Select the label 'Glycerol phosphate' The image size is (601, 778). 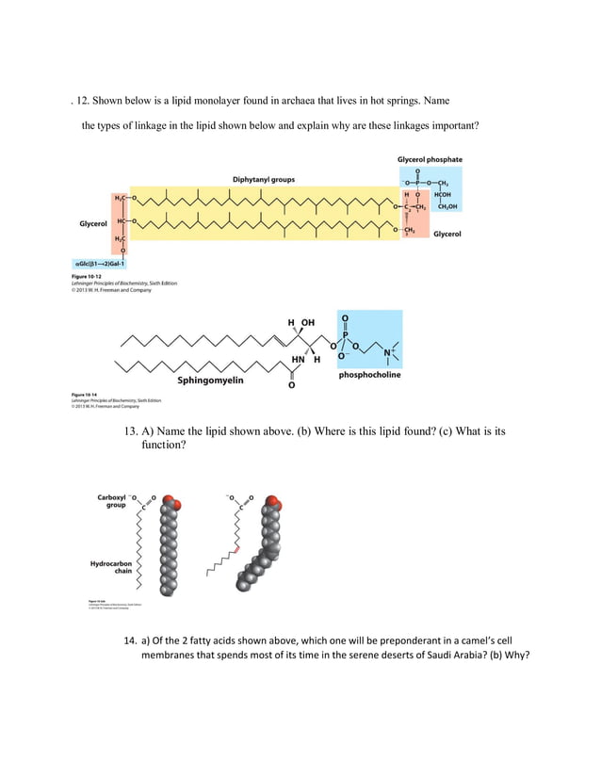tap(430, 160)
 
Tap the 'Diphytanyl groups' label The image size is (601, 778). tap(264, 179)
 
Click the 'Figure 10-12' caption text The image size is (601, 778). tap(89, 277)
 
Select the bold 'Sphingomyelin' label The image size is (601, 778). tap(210, 381)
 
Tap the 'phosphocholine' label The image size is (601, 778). tap(369, 375)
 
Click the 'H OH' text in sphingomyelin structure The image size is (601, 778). tap(301, 323)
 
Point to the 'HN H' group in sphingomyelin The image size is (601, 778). tap(305, 359)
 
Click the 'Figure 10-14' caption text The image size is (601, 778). tap(89, 395)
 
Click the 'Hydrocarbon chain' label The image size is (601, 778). tap(109, 568)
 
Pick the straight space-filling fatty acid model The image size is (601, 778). tap(168, 546)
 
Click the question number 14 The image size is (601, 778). tap(132, 640)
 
